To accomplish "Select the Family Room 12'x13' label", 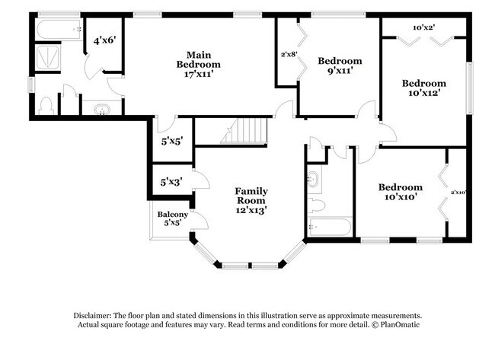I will click(x=251, y=199).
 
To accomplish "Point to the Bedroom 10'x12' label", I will click(x=423, y=88).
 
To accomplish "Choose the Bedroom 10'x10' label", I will click(x=401, y=193).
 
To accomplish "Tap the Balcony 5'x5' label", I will click(x=173, y=219).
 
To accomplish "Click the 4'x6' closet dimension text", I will click(x=104, y=40).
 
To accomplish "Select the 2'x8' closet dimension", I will click(x=288, y=54).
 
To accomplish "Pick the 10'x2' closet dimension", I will click(x=423, y=28).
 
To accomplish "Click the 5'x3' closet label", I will click(x=171, y=182).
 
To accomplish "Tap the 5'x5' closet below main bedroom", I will click(x=171, y=141).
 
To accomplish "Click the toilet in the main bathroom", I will click(x=46, y=105).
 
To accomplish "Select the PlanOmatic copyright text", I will click(x=395, y=325).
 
